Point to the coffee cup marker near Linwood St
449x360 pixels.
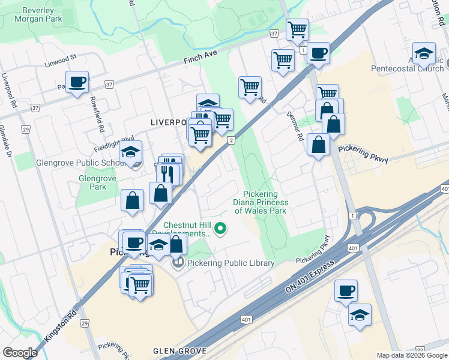pos(77,82)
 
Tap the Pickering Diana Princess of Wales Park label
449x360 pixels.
pos(261,202)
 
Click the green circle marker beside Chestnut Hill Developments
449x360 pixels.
pos(221,228)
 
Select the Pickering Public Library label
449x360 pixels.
pos(231,263)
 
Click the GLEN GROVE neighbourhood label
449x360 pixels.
pos(179,351)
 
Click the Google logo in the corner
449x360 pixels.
pos(20,352)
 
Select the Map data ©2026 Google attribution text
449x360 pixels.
pos(412,355)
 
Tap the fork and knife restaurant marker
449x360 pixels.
pos(168,173)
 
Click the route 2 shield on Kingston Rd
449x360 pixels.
pos(231,140)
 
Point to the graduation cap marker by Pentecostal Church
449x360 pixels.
pos(424,53)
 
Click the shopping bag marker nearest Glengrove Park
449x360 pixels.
pos(132,201)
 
